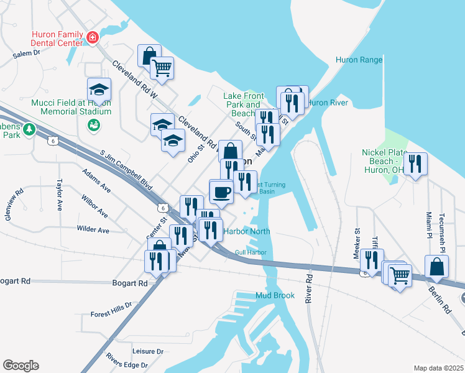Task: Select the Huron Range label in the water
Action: tap(359, 60)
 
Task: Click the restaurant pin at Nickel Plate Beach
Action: tap(415, 164)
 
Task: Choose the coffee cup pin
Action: tap(221, 191)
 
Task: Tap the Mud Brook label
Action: tap(275, 295)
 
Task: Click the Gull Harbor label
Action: tap(251, 252)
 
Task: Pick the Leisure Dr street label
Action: tap(147, 351)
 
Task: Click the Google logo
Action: tap(21, 366)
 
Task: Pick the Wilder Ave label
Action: tap(93, 230)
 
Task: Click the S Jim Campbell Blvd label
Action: tap(126, 169)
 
